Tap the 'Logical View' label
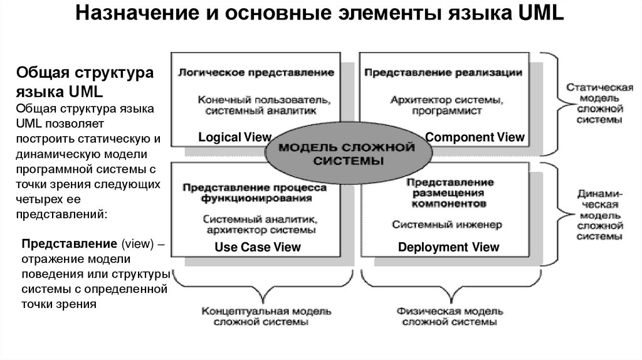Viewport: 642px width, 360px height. click(x=234, y=137)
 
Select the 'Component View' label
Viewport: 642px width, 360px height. click(x=474, y=137)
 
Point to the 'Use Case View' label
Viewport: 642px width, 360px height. click(x=258, y=247)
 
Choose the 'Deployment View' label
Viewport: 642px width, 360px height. click(x=449, y=247)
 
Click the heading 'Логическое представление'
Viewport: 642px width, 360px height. click(x=256, y=73)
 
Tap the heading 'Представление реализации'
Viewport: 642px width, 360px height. click(x=443, y=73)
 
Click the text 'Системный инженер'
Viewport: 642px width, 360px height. click(x=447, y=224)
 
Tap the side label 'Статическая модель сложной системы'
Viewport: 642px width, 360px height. click(x=593, y=100)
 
